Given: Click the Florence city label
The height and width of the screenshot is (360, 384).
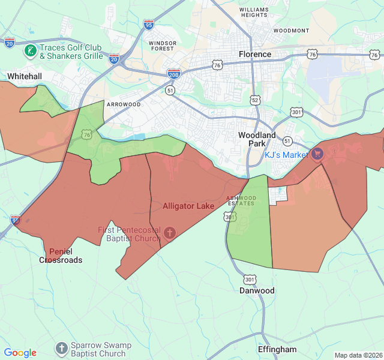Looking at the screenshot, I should (255, 54).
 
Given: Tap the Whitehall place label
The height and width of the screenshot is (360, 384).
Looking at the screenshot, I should (25, 76).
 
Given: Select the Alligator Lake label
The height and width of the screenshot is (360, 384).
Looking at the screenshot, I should (188, 206).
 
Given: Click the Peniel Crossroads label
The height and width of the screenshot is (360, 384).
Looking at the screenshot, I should (61, 256).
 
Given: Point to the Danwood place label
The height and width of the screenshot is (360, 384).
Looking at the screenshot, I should (257, 290).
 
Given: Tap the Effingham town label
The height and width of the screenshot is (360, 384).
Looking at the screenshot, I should (277, 349).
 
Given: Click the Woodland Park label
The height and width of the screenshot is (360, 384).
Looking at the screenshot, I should (257, 139).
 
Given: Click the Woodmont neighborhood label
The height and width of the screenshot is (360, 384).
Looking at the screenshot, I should (291, 31).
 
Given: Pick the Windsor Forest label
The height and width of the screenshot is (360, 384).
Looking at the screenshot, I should (163, 46).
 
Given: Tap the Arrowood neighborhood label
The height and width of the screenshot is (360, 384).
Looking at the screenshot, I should (124, 104).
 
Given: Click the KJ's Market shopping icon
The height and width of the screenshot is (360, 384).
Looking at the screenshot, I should (317, 155).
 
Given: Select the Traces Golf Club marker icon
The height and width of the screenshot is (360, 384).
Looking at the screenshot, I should (30, 51).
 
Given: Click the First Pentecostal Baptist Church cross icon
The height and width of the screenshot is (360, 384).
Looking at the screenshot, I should (170, 232).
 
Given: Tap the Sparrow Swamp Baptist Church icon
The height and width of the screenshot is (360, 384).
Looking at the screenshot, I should (61, 348).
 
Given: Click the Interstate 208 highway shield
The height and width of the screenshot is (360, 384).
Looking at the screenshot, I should (174, 73).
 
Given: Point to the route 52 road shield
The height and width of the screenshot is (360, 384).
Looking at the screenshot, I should (256, 100).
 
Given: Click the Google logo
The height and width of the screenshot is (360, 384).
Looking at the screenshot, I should (20, 353).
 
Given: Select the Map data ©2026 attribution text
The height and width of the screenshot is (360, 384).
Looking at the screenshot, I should (358, 355).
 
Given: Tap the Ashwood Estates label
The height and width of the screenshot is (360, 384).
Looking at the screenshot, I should (241, 200).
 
